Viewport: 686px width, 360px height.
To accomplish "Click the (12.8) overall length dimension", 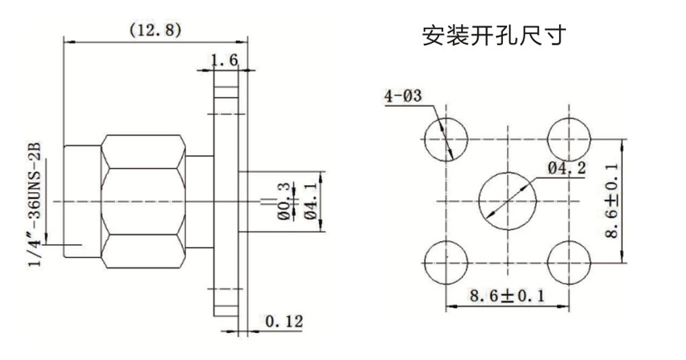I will [x=155, y=29].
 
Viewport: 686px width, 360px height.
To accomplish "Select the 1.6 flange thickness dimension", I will [x=224, y=60].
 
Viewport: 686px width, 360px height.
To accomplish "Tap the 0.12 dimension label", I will [x=283, y=321].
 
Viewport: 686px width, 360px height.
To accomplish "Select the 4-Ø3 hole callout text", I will [x=404, y=96].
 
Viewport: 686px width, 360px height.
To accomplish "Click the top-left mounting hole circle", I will [x=446, y=139].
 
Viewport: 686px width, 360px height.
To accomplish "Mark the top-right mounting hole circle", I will [x=570, y=139].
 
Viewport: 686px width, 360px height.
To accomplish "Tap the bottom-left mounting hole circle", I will [x=446, y=263].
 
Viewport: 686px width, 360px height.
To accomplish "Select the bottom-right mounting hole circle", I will [x=570, y=263].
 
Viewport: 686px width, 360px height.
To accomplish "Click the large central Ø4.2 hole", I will [x=508, y=201].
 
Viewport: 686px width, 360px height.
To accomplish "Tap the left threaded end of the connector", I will [x=82, y=202].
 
